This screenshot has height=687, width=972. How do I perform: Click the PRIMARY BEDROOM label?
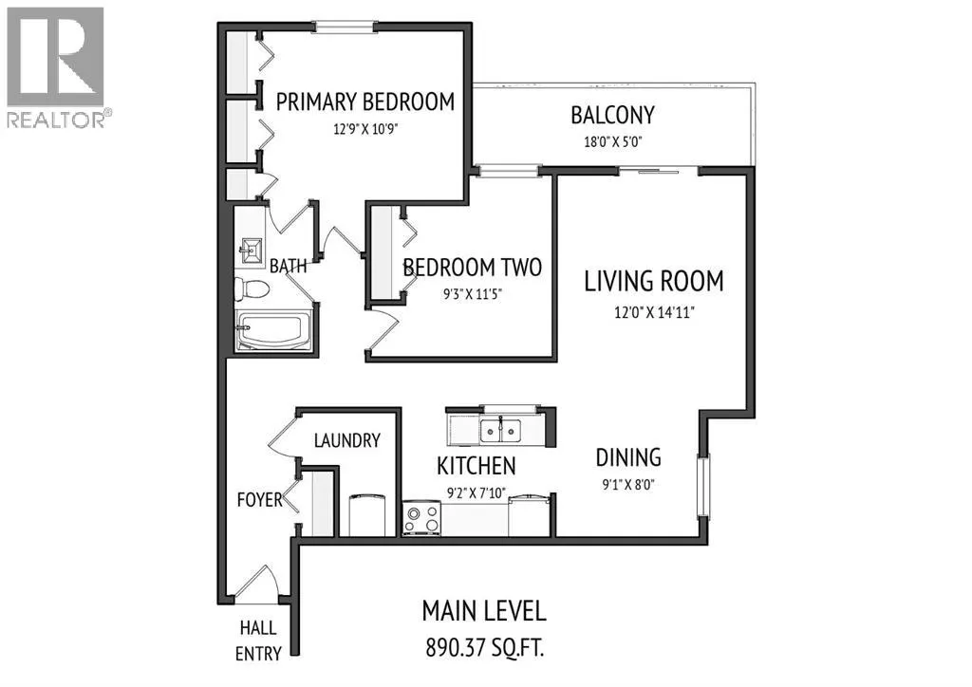pyautogui.click(x=365, y=102)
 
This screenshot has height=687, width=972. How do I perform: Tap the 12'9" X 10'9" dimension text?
pyautogui.click(x=365, y=129)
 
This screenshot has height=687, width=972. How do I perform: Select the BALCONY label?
pyautogui.click(x=612, y=115)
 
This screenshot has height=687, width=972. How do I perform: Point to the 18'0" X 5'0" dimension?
pyautogui.click(x=612, y=142)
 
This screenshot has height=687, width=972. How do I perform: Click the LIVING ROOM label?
pyautogui.click(x=654, y=281)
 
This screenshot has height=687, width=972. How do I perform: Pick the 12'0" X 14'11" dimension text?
pyautogui.click(x=654, y=312)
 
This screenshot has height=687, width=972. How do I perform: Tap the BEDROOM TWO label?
pyautogui.click(x=473, y=268)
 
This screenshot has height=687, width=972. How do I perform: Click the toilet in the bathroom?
pyautogui.click(x=251, y=288)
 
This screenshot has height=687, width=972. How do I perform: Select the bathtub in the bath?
pyautogui.click(x=273, y=330)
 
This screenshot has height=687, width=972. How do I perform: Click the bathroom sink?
pyautogui.click(x=252, y=251)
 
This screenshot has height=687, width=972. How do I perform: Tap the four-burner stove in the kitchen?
pyautogui.click(x=421, y=518)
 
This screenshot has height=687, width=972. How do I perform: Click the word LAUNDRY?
pyautogui.click(x=347, y=440)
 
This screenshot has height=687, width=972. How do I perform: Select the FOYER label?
pyautogui.click(x=260, y=499)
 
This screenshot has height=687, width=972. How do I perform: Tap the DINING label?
pyautogui.click(x=628, y=457)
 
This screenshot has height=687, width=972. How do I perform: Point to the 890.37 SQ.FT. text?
pyautogui.click(x=484, y=648)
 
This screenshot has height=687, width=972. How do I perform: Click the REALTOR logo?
pyautogui.click(x=56, y=67)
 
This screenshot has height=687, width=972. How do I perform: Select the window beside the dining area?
pyautogui.click(x=703, y=486)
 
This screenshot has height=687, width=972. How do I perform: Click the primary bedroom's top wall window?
pyautogui.click(x=345, y=27)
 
